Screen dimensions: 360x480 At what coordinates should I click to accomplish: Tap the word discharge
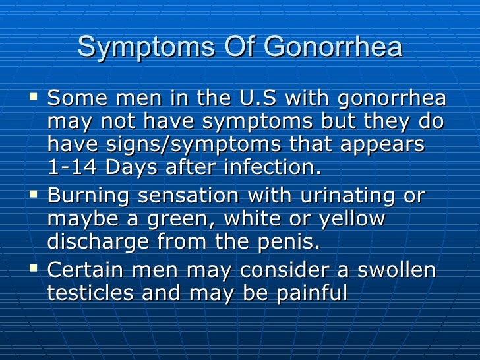[x=94, y=241]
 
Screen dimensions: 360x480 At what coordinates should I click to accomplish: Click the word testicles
[x=92, y=292]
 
